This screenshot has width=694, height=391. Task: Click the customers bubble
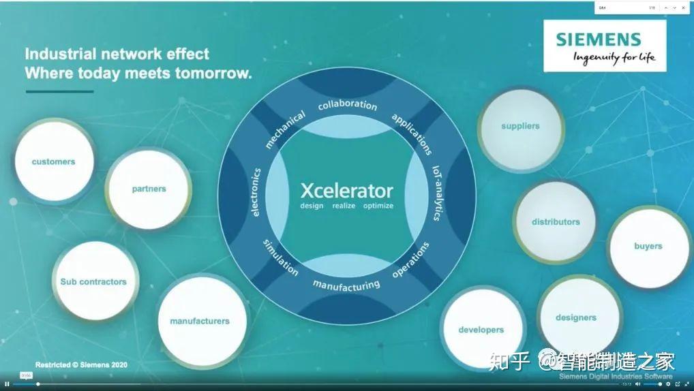[x=54, y=162]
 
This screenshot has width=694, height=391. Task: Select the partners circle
[x=149, y=189]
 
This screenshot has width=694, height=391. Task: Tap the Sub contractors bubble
[x=93, y=281]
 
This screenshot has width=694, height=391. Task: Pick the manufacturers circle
[x=200, y=321]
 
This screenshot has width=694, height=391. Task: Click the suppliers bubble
[x=520, y=126]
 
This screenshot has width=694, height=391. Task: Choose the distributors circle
[x=556, y=222]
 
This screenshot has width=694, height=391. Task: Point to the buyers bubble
[x=648, y=246]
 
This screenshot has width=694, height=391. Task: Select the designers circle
[x=576, y=317]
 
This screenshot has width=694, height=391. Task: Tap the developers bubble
[x=481, y=330]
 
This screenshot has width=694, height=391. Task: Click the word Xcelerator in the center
[x=347, y=191]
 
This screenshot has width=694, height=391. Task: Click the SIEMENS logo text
[x=599, y=40]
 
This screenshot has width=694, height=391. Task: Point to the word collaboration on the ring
[x=347, y=105]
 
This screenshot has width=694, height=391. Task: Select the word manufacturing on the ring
[x=346, y=285]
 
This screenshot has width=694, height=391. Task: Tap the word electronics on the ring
[x=256, y=192]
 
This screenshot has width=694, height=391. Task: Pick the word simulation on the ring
[x=281, y=257]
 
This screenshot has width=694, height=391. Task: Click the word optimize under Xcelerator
[x=378, y=206]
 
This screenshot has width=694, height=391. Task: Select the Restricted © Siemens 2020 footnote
[x=81, y=364]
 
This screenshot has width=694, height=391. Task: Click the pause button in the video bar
[x=7, y=384]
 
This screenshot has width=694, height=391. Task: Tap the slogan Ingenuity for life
[x=614, y=57]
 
